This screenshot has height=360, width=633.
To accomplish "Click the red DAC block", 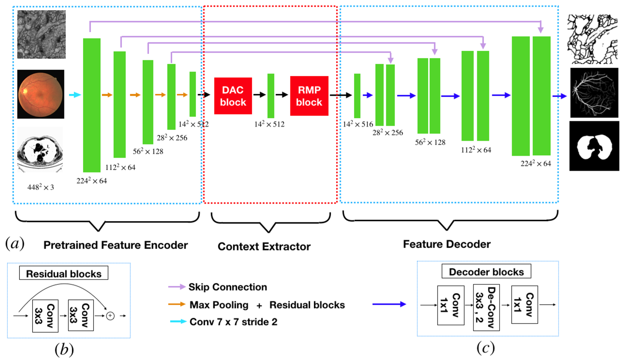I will point(233,96).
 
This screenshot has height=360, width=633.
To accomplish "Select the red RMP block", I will point(309,96).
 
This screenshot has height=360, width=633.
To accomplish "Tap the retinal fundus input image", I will point(40,94).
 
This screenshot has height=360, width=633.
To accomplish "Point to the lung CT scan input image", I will point(40,150).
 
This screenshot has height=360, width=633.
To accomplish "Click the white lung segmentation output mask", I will point(594,146).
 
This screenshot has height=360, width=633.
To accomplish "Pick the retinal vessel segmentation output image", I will point(594,93).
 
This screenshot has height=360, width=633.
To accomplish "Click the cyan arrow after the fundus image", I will point(75,95).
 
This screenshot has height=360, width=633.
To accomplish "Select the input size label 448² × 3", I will point(40,187).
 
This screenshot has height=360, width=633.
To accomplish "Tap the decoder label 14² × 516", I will point(358,124).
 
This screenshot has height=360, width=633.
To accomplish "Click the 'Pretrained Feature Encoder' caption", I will point(116,245).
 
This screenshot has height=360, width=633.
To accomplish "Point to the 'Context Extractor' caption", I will point(264,247).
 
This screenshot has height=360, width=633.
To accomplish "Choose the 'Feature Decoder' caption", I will point(447,244).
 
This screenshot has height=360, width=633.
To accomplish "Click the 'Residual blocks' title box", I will point(64,273).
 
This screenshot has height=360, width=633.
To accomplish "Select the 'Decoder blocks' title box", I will point(486,272).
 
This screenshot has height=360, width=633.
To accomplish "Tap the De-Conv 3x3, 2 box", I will point(486,307).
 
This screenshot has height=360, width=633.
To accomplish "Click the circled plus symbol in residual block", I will point(110,316).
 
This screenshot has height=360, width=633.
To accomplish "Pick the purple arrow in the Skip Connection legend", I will point(177,287).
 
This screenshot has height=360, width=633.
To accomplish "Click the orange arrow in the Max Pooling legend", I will point(177,304).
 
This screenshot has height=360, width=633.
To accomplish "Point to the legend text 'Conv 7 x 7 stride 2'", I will point(233,322).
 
